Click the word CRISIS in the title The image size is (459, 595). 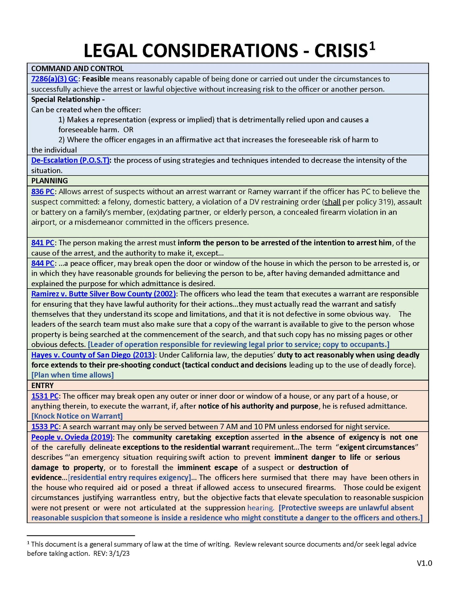[341, 51]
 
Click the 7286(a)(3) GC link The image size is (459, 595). [54, 79]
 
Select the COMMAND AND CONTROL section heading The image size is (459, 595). [77, 68]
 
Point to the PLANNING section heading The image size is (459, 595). [49, 181]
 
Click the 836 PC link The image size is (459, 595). [43, 192]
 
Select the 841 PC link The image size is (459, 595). [43, 243]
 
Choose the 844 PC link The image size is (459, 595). [43, 263]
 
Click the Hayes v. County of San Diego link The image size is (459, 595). [93, 355]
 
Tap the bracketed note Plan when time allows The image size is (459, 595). [73, 375]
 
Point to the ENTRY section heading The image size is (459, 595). [42, 385]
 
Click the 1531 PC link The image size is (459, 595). [45, 396]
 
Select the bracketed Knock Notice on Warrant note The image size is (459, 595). [77, 416]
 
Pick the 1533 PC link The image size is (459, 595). [45, 427]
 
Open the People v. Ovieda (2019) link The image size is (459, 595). [72, 437]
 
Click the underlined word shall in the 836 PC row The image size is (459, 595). [332, 202]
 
